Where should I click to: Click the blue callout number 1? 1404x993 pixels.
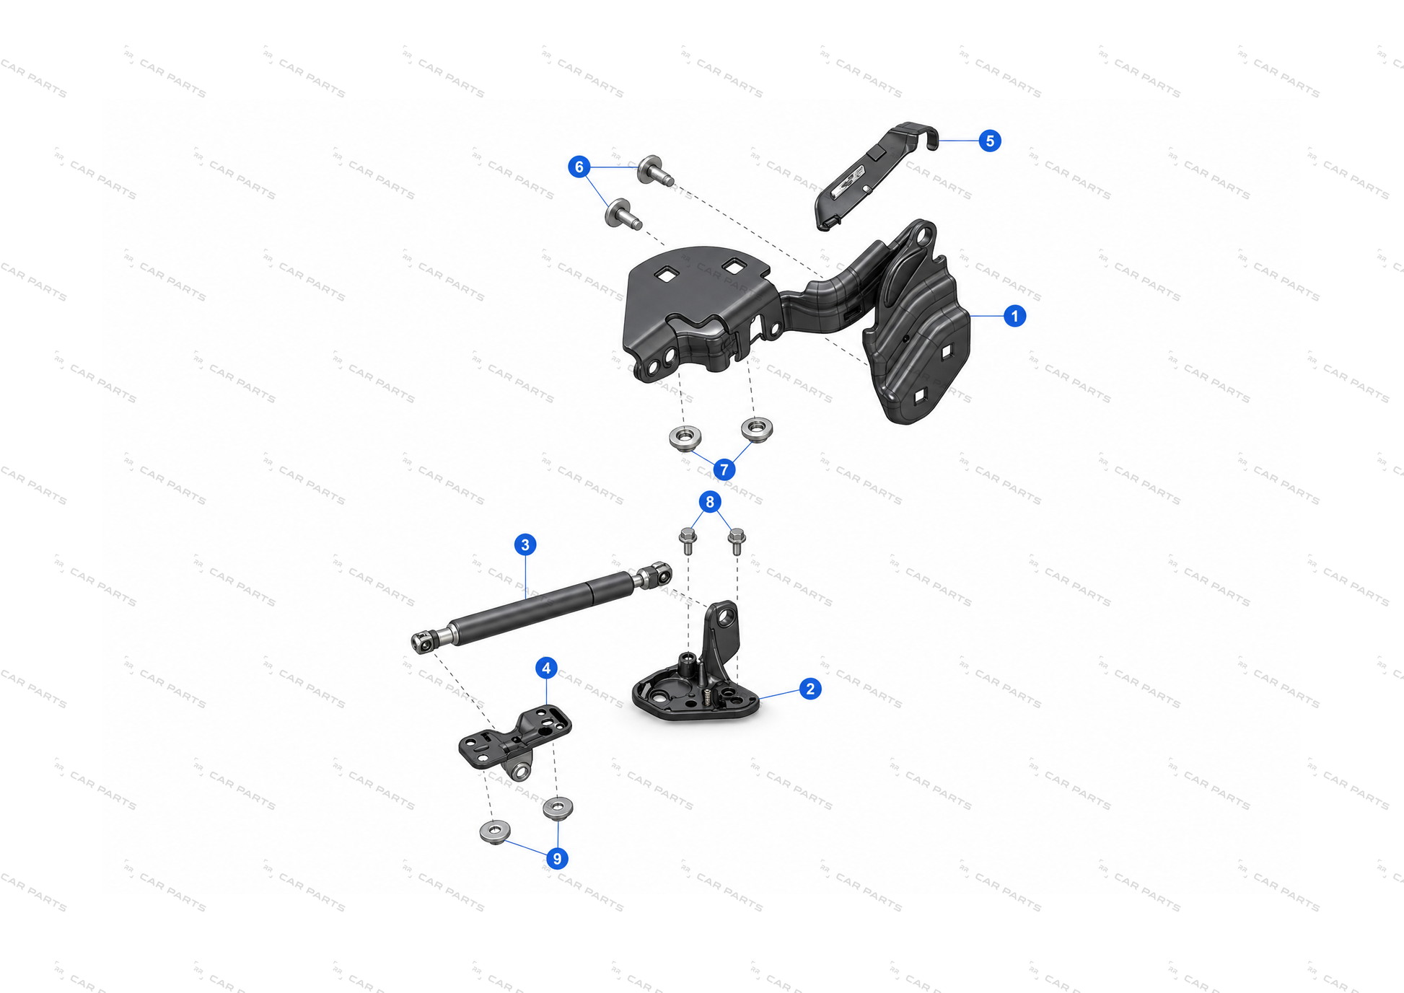[1014, 316]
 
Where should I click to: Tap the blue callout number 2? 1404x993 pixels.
[810, 689]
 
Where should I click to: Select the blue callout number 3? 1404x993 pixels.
[525, 544]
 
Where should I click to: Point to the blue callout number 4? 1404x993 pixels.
[546, 668]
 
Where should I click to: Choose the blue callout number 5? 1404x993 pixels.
[990, 141]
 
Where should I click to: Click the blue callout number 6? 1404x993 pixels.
[579, 167]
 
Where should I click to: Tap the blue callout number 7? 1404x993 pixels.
[724, 470]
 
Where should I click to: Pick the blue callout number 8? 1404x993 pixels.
[710, 502]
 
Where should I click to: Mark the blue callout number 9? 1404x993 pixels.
[556, 859]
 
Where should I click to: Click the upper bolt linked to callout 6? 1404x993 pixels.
[654, 171]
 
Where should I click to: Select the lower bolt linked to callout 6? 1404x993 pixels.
[623, 214]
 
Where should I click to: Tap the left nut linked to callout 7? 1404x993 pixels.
[685, 436]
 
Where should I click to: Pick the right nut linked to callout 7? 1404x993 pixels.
[757, 428]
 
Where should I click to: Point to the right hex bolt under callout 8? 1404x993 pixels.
[737, 541]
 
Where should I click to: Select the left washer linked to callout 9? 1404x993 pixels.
[495, 831]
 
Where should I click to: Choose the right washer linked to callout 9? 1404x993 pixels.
[558, 808]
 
